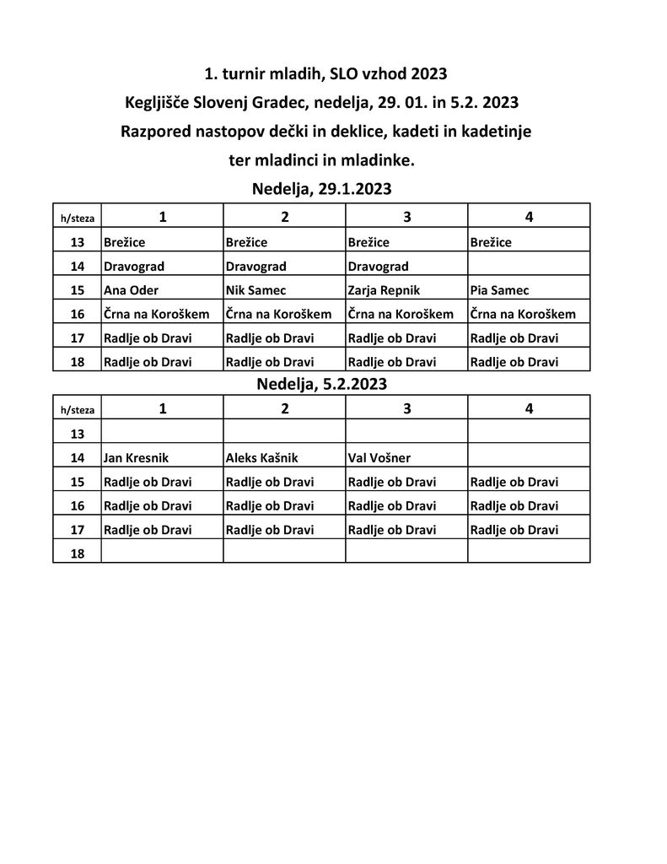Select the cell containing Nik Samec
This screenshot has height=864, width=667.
pyautogui.click(x=256, y=290)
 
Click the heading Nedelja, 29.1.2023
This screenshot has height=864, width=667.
pyautogui.click(x=322, y=189)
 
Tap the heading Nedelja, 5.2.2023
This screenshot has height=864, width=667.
pyautogui.click(x=322, y=384)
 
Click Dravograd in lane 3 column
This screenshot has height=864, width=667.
pyautogui.click(x=378, y=267)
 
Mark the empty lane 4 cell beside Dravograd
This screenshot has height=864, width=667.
pyautogui.click(x=529, y=267)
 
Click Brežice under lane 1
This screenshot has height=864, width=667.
pyautogui.click(x=125, y=242)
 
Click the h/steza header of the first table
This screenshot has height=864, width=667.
pyautogui.click(x=78, y=219)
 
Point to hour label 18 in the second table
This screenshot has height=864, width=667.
pyautogui.click(x=78, y=553)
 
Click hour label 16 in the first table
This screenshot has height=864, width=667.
pyautogui.click(x=78, y=314)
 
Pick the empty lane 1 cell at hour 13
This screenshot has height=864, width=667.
pyautogui.click(x=162, y=434)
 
